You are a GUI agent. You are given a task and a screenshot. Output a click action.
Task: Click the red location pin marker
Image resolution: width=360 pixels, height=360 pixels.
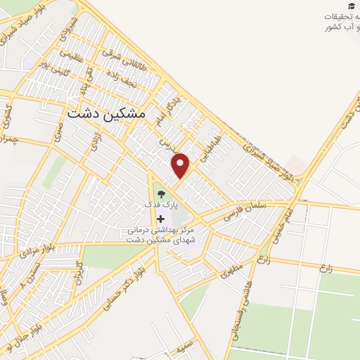182,165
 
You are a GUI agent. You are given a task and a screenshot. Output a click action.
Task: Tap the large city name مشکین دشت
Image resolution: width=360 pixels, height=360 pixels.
105,112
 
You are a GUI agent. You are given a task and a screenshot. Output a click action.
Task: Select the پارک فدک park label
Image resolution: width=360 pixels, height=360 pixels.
162,203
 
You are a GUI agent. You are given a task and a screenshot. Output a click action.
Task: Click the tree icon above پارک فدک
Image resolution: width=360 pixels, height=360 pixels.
161,192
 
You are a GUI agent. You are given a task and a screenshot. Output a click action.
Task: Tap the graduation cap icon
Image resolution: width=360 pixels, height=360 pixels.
352,6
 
